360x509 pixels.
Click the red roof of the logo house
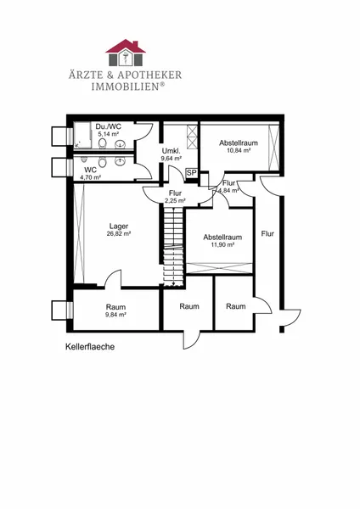point(126,46)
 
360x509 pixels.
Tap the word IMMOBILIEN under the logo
point(126,87)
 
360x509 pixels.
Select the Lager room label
point(119,226)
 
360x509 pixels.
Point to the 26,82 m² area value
point(119,233)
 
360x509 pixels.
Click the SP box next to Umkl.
point(192,173)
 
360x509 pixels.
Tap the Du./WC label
point(109,126)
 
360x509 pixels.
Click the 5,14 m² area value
point(109,134)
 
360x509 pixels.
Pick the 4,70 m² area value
point(90,177)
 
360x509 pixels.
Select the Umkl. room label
point(171,151)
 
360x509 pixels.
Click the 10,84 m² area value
point(239,150)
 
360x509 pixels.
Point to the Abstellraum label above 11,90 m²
point(222,238)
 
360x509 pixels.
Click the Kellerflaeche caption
point(90,347)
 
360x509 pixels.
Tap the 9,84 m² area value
point(115,314)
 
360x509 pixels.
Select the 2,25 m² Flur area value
point(175,200)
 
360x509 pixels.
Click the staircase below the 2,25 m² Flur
point(173,247)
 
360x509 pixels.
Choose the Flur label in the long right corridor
point(267,234)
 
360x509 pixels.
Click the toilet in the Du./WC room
point(103,143)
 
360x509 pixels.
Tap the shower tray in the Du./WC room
point(82,135)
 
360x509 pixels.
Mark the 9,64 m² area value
point(172,159)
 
